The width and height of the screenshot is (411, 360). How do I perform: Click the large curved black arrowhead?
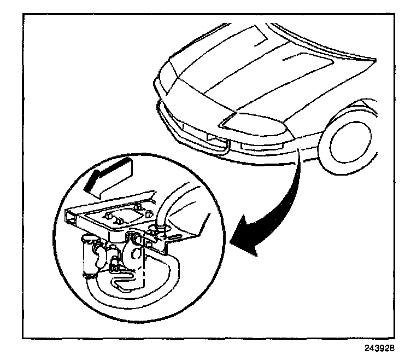[x=246, y=241]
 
